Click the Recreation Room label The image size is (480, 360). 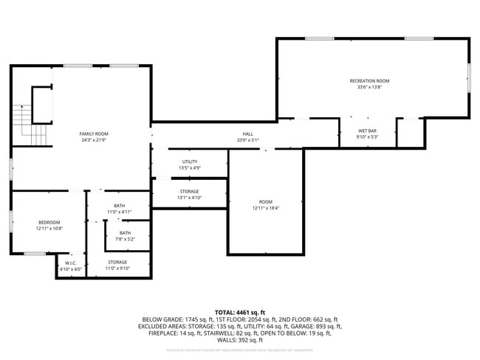pos(369,80)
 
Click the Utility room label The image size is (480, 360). pos(190,162)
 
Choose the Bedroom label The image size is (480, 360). pos(49,222)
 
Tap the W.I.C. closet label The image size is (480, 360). pos(71,263)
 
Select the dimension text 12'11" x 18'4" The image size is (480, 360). pos(265,208)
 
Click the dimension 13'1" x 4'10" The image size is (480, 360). pos(190,198)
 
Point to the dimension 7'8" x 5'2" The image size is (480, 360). pos(126,239)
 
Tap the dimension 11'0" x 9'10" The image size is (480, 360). pos(118,269)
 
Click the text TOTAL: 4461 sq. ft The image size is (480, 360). pos(241,312)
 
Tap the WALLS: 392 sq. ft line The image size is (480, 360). pos(241,340)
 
